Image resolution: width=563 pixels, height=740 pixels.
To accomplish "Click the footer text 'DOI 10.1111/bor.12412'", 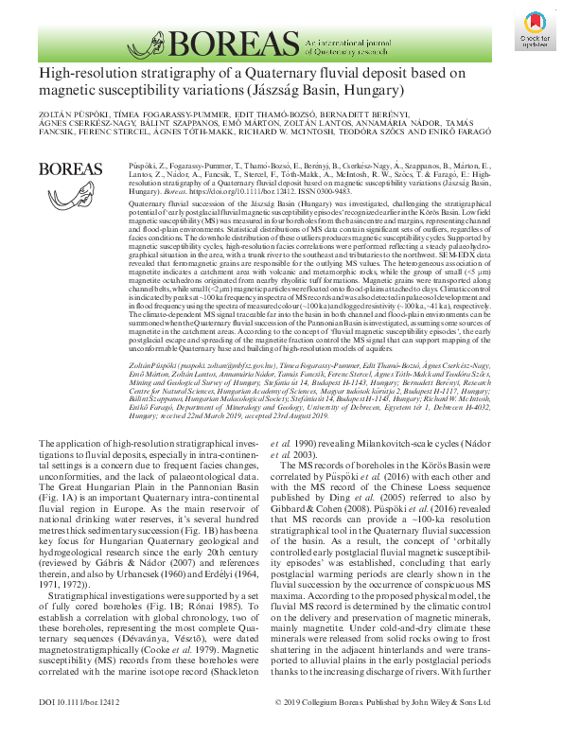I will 82,729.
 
